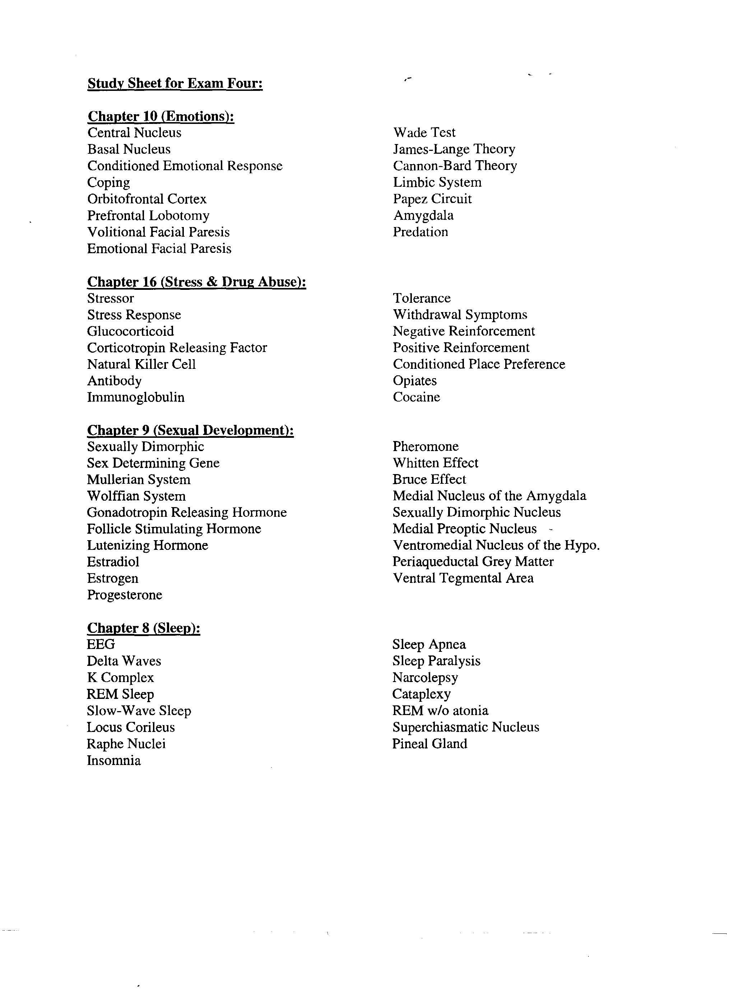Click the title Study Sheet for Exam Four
[175, 84]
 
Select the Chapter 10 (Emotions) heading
[161, 116]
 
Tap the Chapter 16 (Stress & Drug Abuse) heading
[197, 282]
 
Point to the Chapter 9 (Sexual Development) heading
[190, 430]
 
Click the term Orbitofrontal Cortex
[147, 199]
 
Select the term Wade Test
[424, 133]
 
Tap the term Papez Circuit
[432, 199]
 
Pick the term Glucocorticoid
[130, 331]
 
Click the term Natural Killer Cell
[141, 364]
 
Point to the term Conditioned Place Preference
[479, 364]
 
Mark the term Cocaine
[416, 397]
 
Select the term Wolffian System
[136, 496]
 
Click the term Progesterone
[125, 595]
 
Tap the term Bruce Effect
[429, 479]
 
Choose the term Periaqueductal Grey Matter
[473, 562]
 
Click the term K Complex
[120, 677]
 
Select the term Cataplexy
[421, 694]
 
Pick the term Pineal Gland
[429, 743]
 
